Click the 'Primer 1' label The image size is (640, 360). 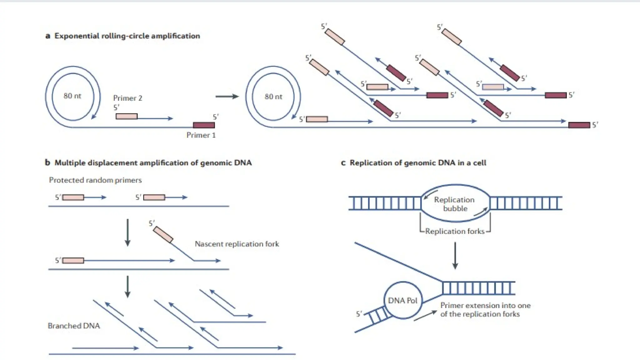coord(201,135)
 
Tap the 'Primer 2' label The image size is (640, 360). coord(127,98)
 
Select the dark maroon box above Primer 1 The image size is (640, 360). coord(204,125)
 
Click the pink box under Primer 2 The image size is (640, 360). coord(127,117)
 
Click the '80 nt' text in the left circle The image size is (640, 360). coord(72,96)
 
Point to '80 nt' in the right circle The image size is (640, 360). coord(273,97)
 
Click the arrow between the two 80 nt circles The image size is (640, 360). coord(227,97)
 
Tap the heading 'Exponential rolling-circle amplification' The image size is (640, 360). coord(127,36)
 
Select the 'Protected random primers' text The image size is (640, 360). coord(95,180)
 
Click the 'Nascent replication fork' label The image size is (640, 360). coord(237,244)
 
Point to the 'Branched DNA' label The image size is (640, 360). coord(74,326)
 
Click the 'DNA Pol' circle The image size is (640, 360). coord(403,300)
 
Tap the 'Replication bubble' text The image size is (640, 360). coord(454,204)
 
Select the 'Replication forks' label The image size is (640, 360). coord(455,231)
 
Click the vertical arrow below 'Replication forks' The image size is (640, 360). coord(455,255)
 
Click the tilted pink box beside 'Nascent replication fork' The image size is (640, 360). coord(163,235)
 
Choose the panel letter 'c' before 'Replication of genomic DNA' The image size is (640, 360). coord(343,163)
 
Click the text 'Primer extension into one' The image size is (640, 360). coord(485,305)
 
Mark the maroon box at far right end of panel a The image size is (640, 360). coord(579,125)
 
